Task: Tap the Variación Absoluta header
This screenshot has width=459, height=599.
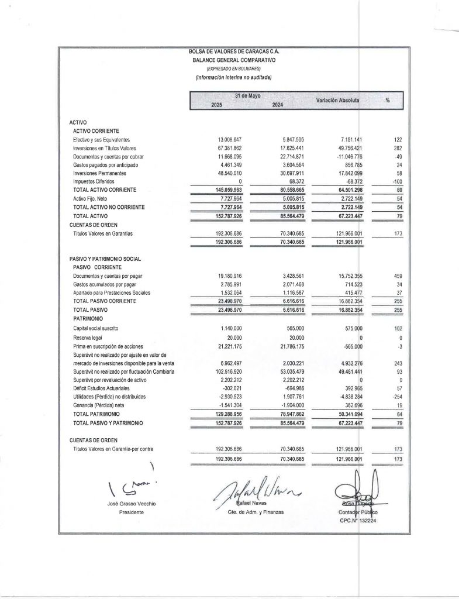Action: pos(337,100)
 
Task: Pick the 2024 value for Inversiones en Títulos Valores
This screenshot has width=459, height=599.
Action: pos(292,149)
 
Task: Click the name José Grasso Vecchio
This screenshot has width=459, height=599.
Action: pos(132,504)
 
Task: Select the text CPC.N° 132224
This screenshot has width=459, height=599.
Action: pos(358,521)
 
